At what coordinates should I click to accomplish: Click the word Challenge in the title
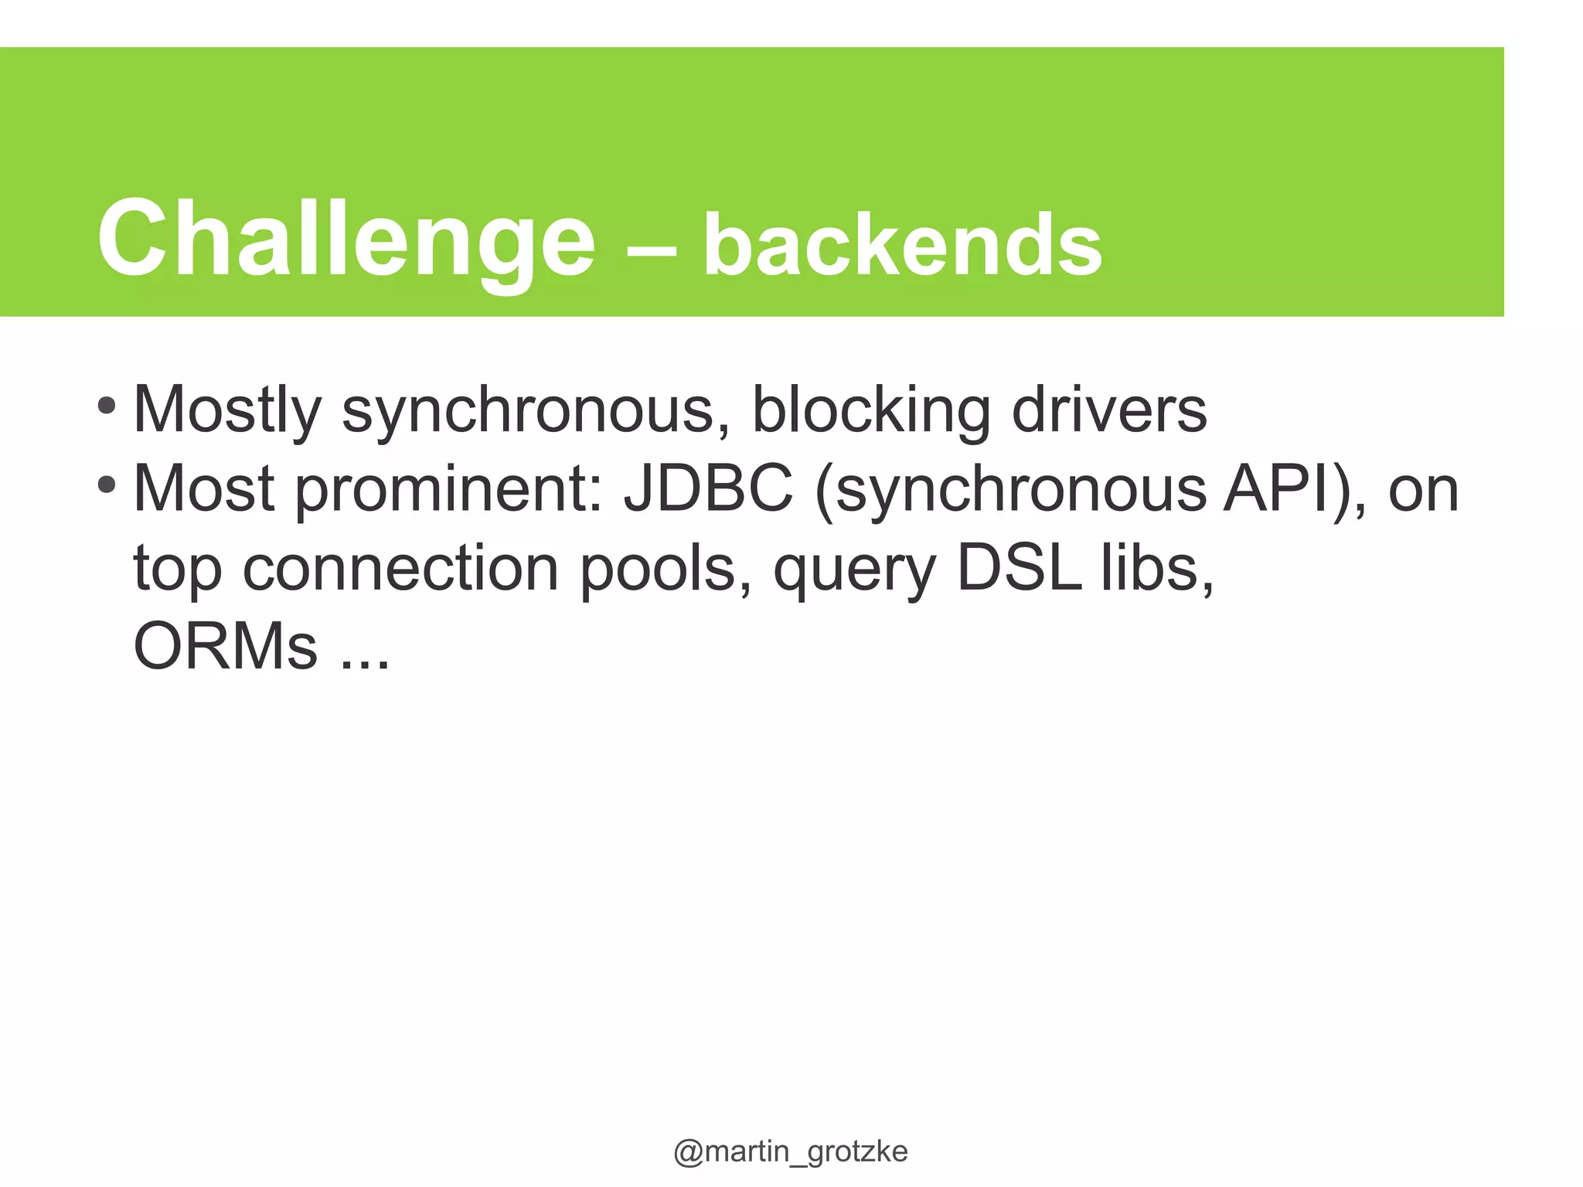click(x=346, y=238)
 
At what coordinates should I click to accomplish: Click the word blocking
click(x=871, y=410)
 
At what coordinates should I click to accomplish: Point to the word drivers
click(x=1109, y=409)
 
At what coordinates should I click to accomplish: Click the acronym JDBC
click(x=709, y=488)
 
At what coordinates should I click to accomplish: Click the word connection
click(x=400, y=568)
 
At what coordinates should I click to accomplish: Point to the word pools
click(x=665, y=568)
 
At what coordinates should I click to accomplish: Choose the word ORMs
click(x=225, y=646)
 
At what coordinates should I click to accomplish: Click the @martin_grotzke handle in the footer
click(x=791, y=1151)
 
